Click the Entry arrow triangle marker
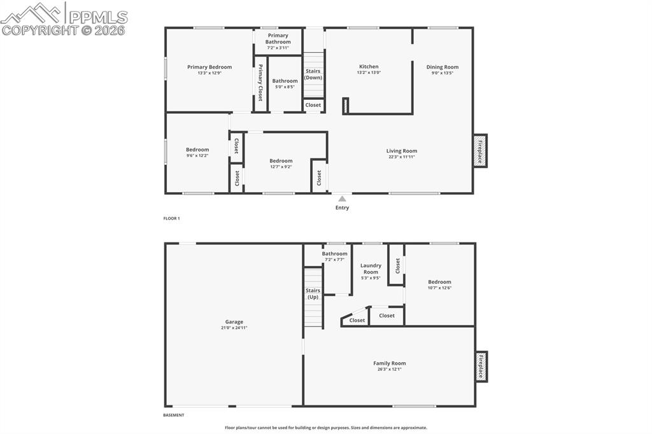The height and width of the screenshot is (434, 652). pyautogui.click(x=342, y=199)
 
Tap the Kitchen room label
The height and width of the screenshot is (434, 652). pyautogui.click(x=369, y=67)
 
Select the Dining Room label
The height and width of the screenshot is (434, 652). pyautogui.click(x=442, y=67)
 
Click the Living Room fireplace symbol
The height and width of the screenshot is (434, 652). pyautogui.click(x=480, y=151)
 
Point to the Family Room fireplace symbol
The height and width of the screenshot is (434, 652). pyautogui.click(x=481, y=367)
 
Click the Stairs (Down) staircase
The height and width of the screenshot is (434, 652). pyautogui.click(x=313, y=74)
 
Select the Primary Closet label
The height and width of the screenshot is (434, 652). pyautogui.click(x=260, y=83)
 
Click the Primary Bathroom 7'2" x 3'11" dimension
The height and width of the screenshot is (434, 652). pyautogui.click(x=278, y=48)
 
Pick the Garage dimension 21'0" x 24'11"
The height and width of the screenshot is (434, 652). pyautogui.click(x=234, y=328)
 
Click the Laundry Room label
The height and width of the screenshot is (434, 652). pyautogui.click(x=371, y=269)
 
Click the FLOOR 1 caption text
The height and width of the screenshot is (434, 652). pyautogui.click(x=172, y=218)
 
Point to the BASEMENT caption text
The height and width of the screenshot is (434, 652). pyautogui.click(x=174, y=415)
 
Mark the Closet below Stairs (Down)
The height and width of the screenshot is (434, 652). pyautogui.click(x=313, y=105)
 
